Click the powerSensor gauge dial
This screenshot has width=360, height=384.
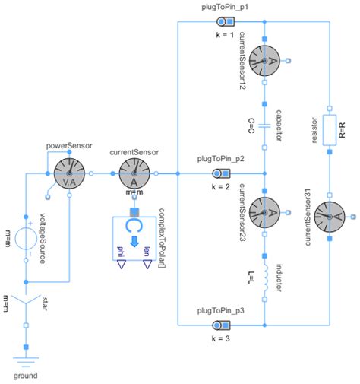click(x=69, y=173)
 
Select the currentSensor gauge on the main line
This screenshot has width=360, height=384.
click(x=134, y=173)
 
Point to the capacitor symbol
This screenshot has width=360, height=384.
click(x=264, y=125)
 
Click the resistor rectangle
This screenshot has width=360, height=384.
click(x=330, y=129)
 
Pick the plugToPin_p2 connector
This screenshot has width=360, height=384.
click(x=222, y=173)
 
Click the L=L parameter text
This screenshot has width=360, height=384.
click(x=250, y=279)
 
